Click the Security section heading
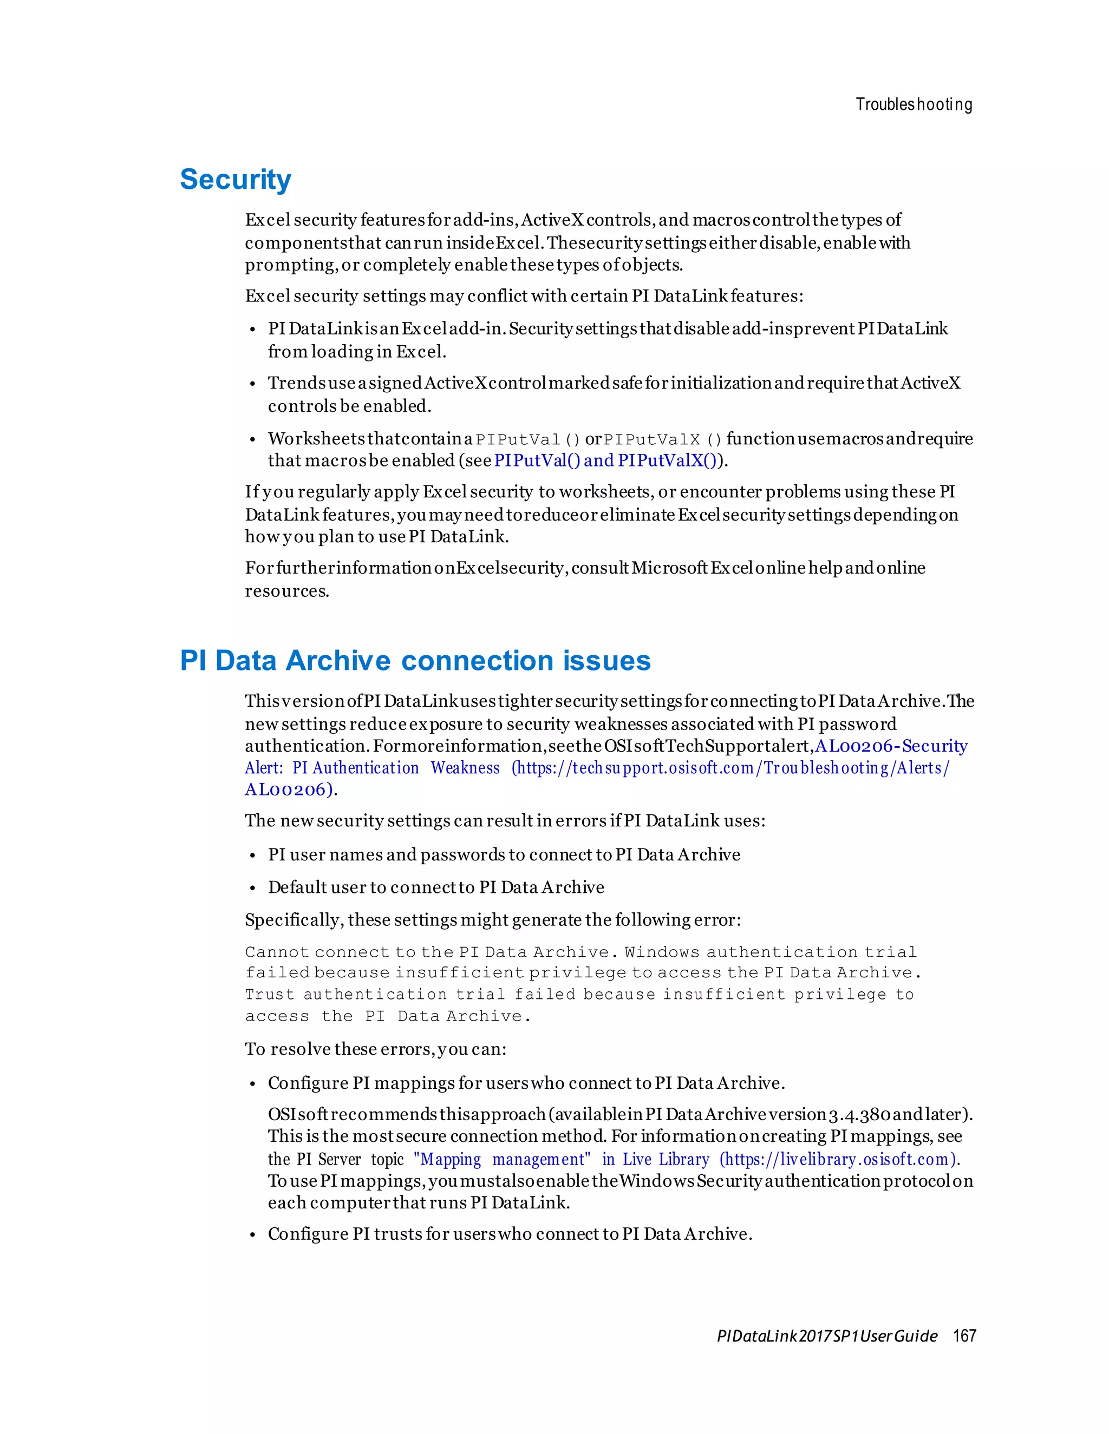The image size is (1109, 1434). (x=235, y=179)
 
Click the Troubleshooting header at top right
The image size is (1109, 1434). (x=913, y=104)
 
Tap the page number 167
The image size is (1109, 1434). (x=964, y=1336)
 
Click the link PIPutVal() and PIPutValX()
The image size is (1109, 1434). (x=605, y=461)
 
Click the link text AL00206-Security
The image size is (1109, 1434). (x=891, y=746)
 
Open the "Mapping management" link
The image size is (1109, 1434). (x=502, y=1159)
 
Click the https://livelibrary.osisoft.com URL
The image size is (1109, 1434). (x=838, y=1159)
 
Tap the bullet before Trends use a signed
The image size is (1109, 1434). (x=252, y=384)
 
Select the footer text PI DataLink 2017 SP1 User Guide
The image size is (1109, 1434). (x=826, y=1336)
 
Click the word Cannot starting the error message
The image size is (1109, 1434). (x=277, y=952)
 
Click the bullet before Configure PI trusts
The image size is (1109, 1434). (x=252, y=1235)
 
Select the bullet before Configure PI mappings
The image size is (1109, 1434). (x=252, y=1084)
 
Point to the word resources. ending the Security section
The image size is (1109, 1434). (x=287, y=591)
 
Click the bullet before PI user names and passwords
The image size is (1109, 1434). (x=252, y=856)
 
